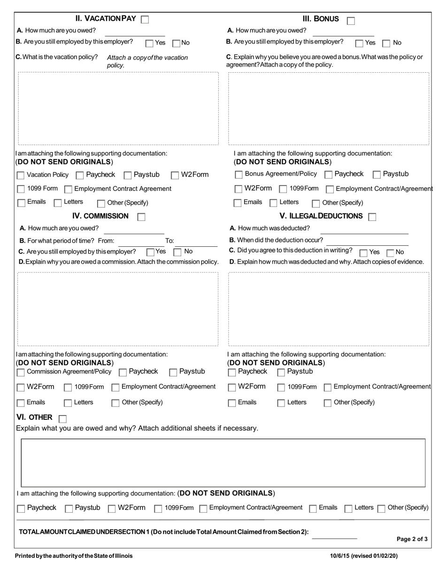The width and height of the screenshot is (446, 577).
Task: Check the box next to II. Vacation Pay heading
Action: (145, 20)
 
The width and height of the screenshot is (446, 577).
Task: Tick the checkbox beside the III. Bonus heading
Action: (351, 20)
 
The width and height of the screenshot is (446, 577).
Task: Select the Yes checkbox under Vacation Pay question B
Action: (149, 43)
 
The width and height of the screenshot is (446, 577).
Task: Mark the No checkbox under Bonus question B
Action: (386, 43)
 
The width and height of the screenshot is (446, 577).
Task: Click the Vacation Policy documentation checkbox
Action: (21, 175)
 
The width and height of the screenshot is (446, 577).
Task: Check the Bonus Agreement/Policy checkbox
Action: (238, 175)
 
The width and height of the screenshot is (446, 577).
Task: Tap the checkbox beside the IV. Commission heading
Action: (141, 217)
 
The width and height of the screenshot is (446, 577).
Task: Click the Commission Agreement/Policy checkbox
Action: (21, 372)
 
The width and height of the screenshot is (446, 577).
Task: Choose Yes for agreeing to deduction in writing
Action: (363, 252)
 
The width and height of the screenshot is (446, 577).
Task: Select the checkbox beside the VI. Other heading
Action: (62, 418)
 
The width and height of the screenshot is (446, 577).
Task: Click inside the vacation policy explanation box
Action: (118, 108)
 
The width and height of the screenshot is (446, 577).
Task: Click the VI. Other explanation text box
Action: (223, 463)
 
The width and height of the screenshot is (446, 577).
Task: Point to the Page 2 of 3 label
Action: (412, 539)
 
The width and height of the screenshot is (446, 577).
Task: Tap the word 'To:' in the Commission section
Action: (169, 241)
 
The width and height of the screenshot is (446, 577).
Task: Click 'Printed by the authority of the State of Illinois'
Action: (74, 556)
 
